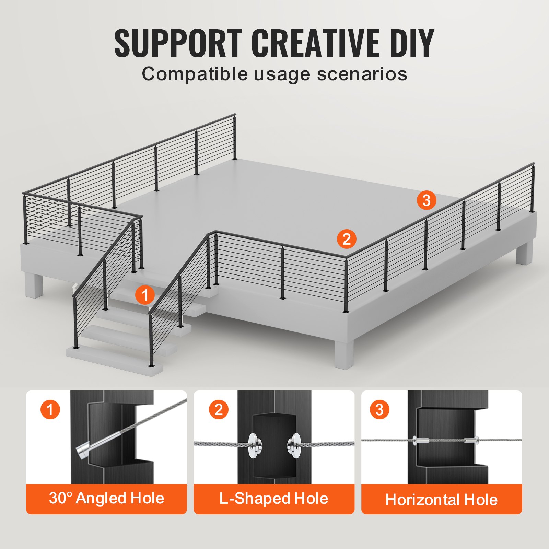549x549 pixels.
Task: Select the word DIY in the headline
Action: (x=412, y=43)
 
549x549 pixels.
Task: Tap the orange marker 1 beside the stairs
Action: (x=145, y=295)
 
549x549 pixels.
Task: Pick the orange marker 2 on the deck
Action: (x=347, y=239)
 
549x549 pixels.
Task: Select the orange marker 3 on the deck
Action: (x=427, y=200)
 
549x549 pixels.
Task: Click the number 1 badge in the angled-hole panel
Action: (x=50, y=410)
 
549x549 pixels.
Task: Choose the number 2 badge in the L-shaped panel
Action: (x=219, y=409)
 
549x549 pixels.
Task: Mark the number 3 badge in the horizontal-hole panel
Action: (x=379, y=409)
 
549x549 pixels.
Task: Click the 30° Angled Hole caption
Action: (x=106, y=499)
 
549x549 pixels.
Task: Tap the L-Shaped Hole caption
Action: (x=274, y=499)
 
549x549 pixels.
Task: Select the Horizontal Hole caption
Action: (x=442, y=500)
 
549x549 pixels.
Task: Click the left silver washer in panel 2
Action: (x=254, y=446)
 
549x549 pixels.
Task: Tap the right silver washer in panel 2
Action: (x=294, y=446)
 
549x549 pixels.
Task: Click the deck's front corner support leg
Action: (x=343, y=353)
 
